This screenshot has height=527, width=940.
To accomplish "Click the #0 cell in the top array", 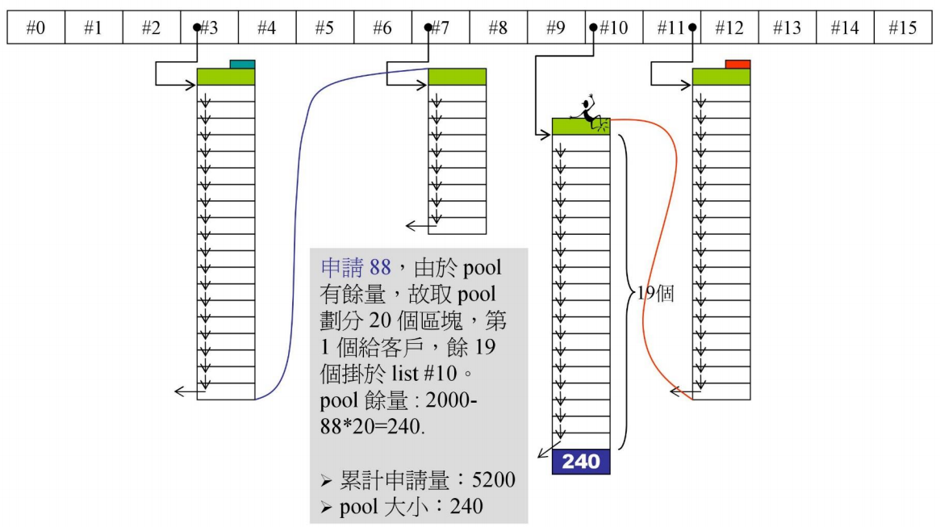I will click(36, 27).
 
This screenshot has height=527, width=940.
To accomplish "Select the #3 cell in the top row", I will click(209, 27).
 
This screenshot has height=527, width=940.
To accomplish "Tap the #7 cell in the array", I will click(441, 27).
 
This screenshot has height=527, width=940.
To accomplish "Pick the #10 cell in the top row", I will click(613, 27).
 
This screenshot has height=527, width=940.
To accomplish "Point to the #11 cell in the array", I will click(671, 27).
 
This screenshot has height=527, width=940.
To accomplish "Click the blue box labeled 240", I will click(581, 462).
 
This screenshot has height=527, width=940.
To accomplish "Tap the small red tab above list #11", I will click(737, 64).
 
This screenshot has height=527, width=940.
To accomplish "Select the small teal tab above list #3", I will click(242, 64).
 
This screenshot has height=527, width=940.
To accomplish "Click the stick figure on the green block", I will click(591, 114).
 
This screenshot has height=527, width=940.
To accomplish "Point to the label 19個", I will click(655, 293).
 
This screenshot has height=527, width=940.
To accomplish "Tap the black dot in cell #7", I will click(428, 27).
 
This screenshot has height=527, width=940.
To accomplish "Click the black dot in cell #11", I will click(692, 27).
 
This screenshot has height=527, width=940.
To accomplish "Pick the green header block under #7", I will click(457, 77).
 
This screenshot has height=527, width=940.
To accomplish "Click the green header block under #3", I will click(225, 77).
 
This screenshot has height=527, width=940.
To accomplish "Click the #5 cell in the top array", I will click(324, 27).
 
